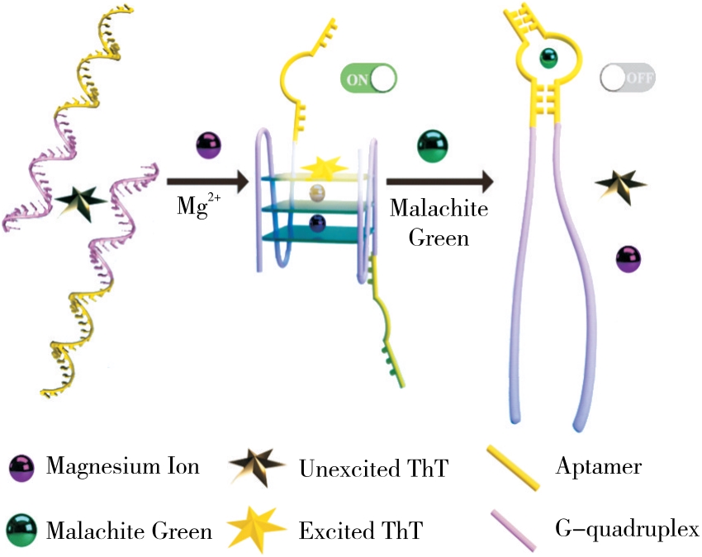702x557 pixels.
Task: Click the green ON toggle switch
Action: [368, 80]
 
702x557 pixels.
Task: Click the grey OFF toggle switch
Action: [628, 79]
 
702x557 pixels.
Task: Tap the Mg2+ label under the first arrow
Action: [199, 205]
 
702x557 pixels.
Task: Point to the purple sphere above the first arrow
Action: [207, 146]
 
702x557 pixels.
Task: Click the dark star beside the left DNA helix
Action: [81, 201]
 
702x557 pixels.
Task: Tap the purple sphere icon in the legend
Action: [20, 468]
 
